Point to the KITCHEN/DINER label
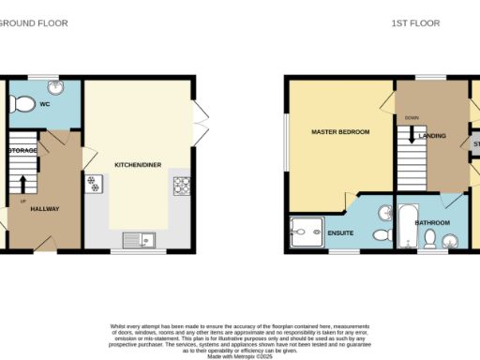(138, 165)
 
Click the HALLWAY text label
(46, 209)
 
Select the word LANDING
(433, 137)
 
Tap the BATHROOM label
(433, 222)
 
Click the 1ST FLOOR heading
(415, 22)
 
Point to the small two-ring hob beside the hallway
(93, 185)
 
